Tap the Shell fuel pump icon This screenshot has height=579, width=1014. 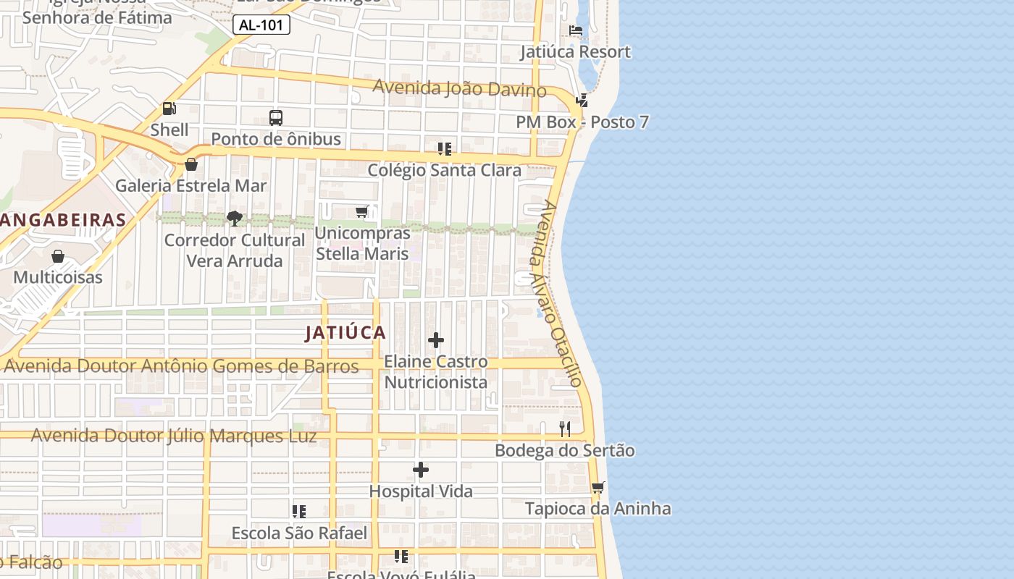click(x=169, y=109)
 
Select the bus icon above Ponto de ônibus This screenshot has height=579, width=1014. click(x=276, y=117)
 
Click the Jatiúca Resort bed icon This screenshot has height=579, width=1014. click(x=576, y=30)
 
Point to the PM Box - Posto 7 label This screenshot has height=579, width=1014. click(x=582, y=122)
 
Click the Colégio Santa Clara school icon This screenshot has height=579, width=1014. click(x=444, y=149)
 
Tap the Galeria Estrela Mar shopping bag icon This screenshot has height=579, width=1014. click(x=191, y=164)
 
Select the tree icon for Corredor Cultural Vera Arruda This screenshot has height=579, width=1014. click(x=234, y=218)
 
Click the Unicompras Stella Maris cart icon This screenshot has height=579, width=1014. click(x=362, y=211)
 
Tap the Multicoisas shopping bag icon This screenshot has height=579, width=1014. click(x=58, y=256)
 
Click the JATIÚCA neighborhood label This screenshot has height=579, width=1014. click(x=345, y=333)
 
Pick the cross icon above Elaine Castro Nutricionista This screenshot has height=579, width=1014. click(x=436, y=340)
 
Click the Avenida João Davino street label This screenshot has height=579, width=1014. click(x=459, y=88)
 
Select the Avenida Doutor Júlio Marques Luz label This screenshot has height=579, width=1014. click(x=174, y=436)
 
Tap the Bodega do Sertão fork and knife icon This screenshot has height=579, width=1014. click(x=565, y=429)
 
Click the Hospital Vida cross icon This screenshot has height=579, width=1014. click(x=421, y=470)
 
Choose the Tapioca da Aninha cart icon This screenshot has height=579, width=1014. click(x=598, y=487)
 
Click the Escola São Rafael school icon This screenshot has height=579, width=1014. click(x=299, y=512)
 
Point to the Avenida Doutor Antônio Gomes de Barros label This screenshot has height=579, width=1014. click(x=181, y=366)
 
